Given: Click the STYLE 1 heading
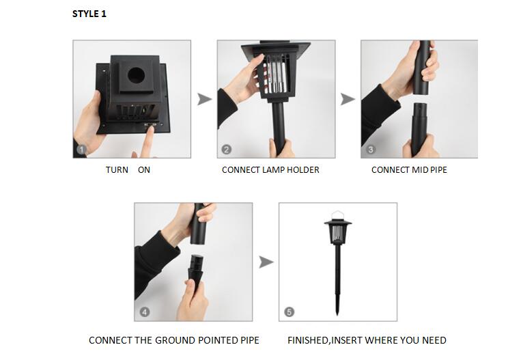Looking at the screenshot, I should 89,14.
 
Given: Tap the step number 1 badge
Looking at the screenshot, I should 82,150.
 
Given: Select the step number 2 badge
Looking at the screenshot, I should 226,150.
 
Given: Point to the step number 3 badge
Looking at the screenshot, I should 370,150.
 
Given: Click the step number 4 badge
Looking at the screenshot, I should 144,312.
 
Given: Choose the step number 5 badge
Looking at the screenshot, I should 288,312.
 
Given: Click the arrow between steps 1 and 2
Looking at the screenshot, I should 204,100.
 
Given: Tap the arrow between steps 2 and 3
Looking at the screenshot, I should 348,100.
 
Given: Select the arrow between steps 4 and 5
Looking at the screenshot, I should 266,262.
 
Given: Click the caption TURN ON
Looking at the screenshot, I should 128,170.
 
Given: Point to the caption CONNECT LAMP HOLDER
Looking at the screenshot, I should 270,170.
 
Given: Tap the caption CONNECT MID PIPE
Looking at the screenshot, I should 409,170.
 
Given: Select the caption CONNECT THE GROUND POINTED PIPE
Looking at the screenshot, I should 174,340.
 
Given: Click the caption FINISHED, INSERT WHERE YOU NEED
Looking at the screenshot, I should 367,340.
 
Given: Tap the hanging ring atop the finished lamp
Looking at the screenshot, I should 337,214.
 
